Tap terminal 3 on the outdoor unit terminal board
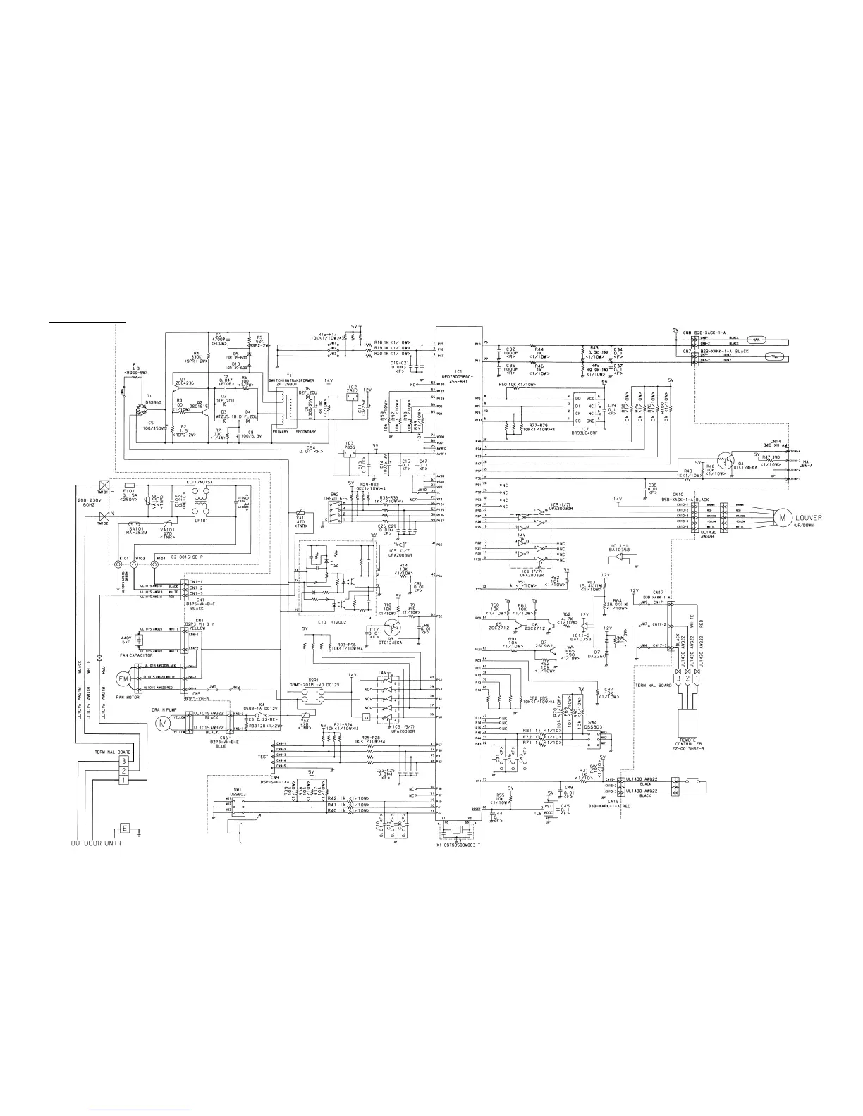(x=123, y=761)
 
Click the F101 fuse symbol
(x=130, y=485)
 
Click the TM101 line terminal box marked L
(x=104, y=485)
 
